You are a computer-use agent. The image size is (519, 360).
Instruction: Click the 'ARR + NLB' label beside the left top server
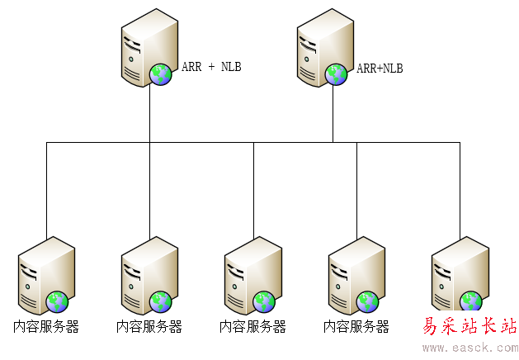click(x=211, y=67)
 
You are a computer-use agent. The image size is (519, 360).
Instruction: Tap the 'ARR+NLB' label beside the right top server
click(x=380, y=69)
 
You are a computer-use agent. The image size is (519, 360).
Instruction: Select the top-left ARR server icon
click(x=148, y=49)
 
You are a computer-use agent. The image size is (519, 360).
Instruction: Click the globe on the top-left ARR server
click(x=160, y=75)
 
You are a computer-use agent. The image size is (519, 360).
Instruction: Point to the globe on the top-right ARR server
click(x=336, y=75)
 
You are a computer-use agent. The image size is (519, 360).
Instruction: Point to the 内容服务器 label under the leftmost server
click(x=46, y=326)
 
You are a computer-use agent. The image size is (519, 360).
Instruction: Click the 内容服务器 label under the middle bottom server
click(x=252, y=326)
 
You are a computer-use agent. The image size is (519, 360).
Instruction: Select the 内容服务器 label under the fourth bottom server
click(x=356, y=326)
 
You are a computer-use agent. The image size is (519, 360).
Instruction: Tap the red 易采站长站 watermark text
click(x=469, y=326)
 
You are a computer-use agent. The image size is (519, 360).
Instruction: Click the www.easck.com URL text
click(x=470, y=348)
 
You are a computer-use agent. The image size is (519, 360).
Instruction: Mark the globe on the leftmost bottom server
click(x=57, y=301)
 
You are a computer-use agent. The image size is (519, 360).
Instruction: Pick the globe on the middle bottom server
click(x=264, y=301)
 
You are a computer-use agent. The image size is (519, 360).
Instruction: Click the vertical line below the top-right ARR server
click(x=333, y=116)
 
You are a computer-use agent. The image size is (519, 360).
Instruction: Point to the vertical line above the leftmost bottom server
click(x=46, y=190)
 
